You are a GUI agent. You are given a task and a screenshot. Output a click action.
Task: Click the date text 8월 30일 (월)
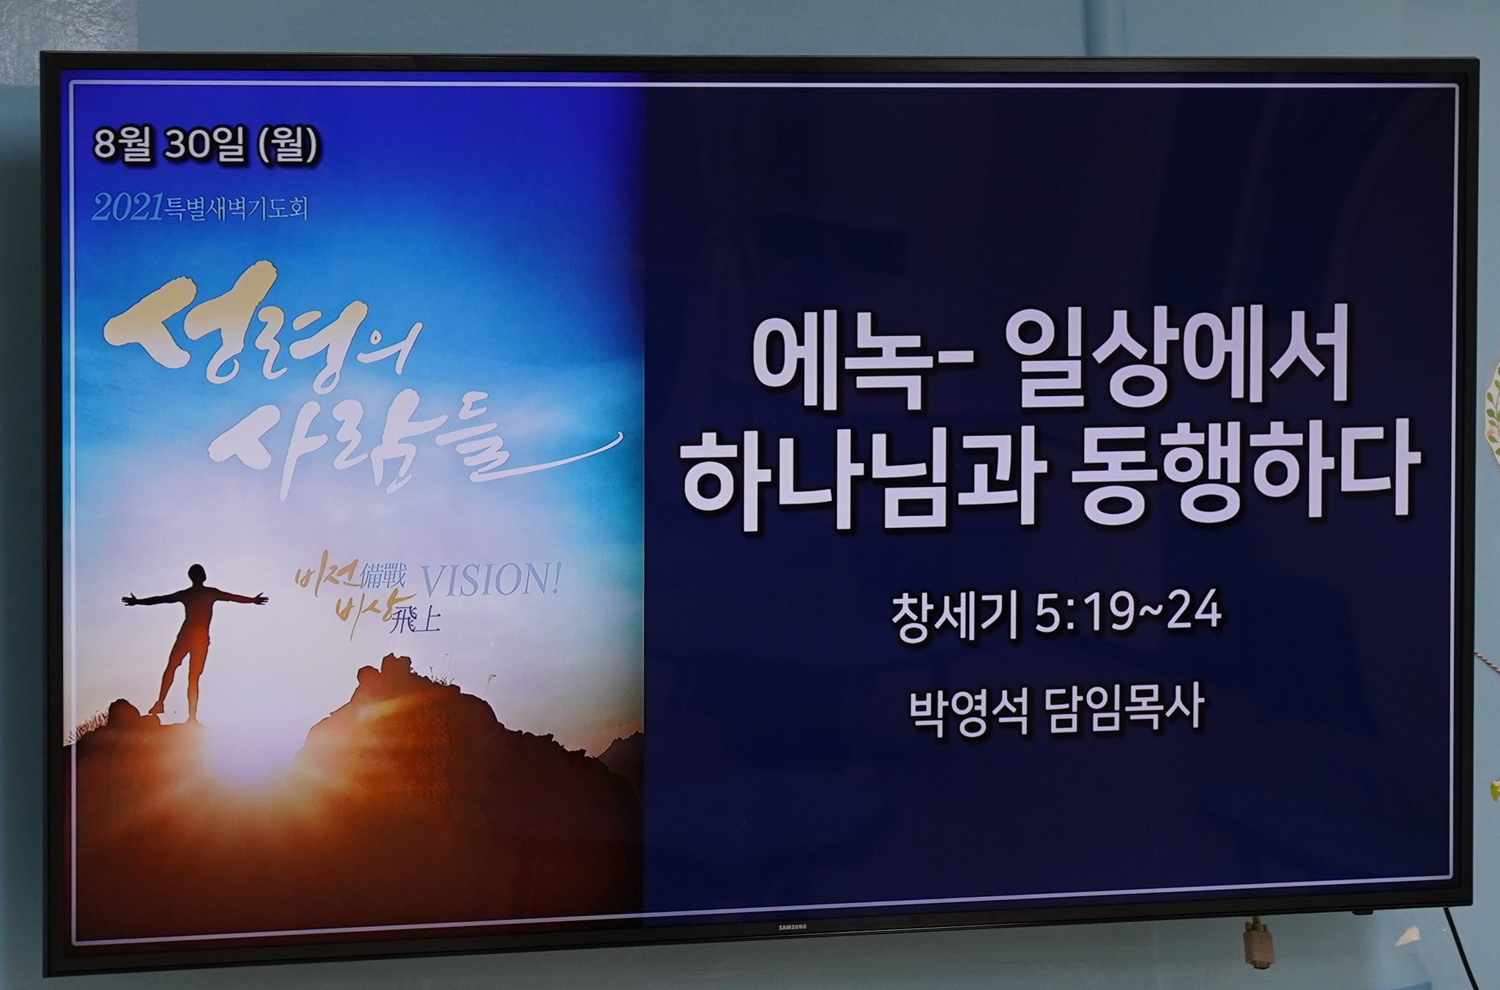[x=206, y=145]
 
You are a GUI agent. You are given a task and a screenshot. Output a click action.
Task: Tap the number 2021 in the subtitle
[x=127, y=209]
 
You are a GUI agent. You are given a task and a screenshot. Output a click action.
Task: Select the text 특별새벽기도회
[x=235, y=209]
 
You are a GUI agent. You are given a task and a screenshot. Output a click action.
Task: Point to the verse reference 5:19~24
[x=1129, y=612]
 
